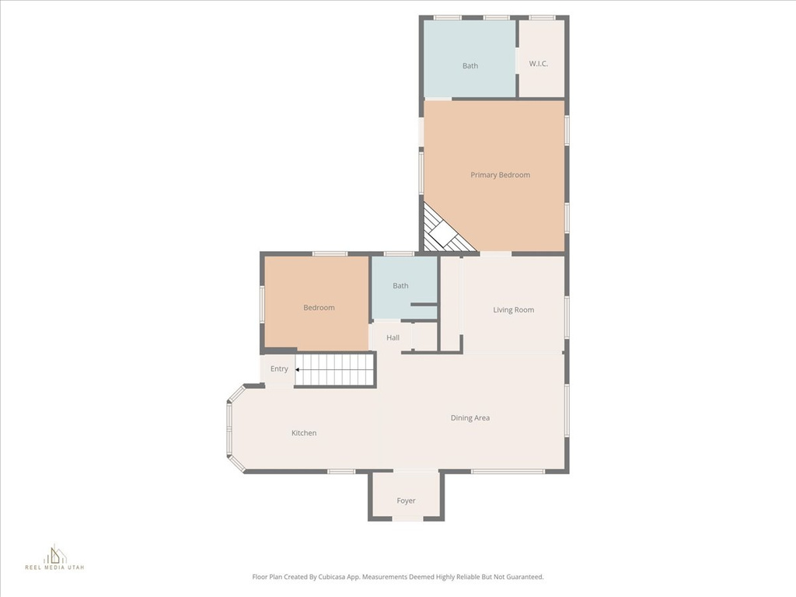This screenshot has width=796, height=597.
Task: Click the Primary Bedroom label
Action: click(x=500, y=175)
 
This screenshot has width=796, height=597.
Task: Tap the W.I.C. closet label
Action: click(x=539, y=64)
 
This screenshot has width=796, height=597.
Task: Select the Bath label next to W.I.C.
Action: click(x=470, y=66)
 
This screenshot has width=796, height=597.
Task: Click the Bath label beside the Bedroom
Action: click(x=400, y=286)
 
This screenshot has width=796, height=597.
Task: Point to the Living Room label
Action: click(x=513, y=310)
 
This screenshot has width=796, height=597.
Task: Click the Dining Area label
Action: click(x=470, y=418)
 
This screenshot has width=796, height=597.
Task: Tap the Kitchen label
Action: click(x=304, y=433)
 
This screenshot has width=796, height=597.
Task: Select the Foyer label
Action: click(x=406, y=501)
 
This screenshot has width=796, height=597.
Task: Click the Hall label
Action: click(x=393, y=338)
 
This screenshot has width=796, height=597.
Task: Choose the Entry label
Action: click(x=279, y=368)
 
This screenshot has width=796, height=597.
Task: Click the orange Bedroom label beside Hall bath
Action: click(x=319, y=308)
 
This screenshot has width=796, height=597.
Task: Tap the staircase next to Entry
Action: click(x=336, y=369)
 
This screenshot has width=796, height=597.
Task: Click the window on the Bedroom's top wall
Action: click(x=330, y=253)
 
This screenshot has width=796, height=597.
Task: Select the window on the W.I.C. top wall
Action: click(x=542, y=17)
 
